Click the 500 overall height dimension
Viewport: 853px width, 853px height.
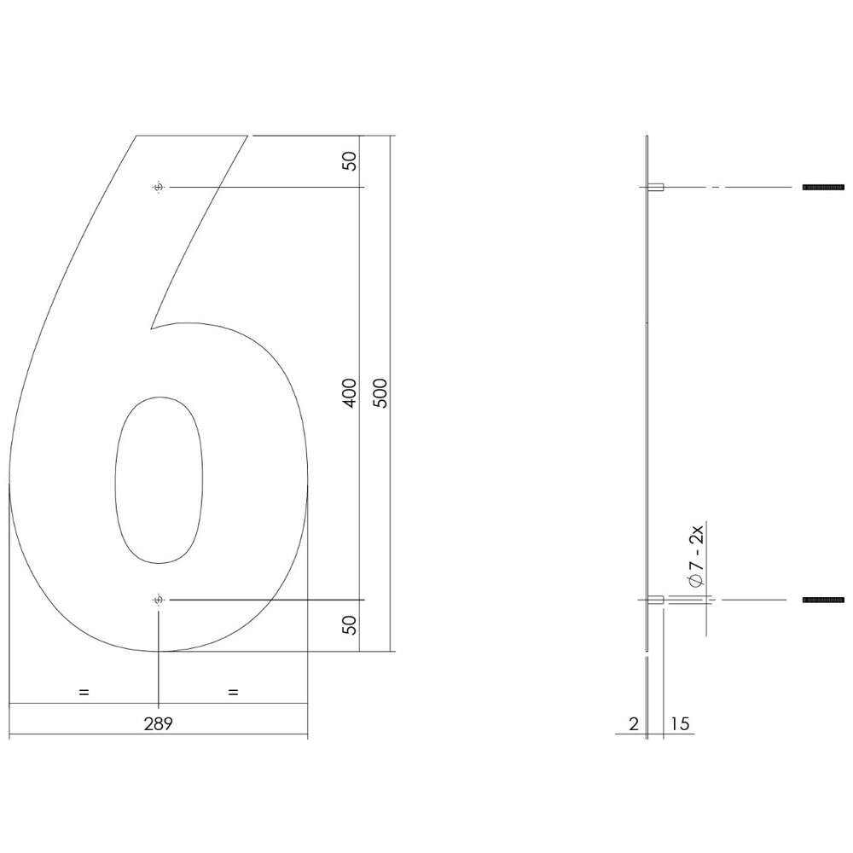click(380, 392)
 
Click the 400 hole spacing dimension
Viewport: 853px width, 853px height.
click(349, 392)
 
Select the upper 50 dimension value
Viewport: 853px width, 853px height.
click(349, 161)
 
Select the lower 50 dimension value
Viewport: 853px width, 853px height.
click(349, 625)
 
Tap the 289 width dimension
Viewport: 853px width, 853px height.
click(159, 724)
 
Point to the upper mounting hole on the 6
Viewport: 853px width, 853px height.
click(158, 187)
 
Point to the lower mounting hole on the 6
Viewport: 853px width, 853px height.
click(158, 601)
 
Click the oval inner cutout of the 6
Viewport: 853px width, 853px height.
click(160, 479)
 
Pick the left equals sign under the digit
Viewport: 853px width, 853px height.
click(84, 692)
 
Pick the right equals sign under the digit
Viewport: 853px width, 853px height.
click(233, 692)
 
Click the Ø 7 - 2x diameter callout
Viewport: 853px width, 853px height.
click(695, 558)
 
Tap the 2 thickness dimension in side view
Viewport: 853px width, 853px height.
click(633, 724)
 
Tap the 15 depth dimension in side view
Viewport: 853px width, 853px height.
click(681, 724)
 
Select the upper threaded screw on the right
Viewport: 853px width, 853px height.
click(823, 187)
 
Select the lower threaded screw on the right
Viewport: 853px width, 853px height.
click(823, 601)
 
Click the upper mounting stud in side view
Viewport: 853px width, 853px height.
click(656, 187)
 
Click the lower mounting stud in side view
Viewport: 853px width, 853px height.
click(656, 601)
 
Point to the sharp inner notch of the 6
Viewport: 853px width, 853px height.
click(152, 328)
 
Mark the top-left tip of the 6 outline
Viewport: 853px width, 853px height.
click(136, 135)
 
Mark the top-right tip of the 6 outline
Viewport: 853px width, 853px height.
click(250, 135)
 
